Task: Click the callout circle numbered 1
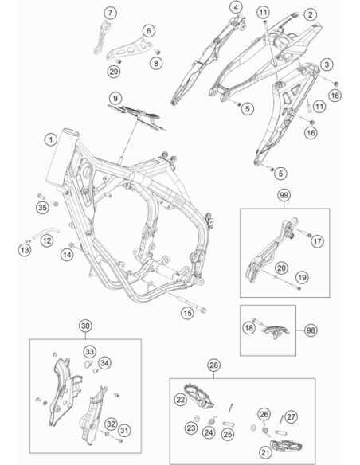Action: click(51, 139)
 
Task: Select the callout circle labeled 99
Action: click(284, 195)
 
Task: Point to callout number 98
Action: click(311, 330)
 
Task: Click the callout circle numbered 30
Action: click(85, 326)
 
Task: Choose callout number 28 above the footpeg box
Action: click(213, 365)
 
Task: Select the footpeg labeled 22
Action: click(198, 394)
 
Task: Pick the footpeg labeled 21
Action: click(287, 445)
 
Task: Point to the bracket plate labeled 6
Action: click(130, 49)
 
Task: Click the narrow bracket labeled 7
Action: click(102, 37)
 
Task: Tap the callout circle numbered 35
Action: click(42, 207)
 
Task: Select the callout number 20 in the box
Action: click(281, 268)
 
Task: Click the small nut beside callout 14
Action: click(72, 244)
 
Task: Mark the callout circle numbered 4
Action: click(236, 7)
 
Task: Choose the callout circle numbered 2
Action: click(310, 14)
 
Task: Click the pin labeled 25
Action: click(229, 423)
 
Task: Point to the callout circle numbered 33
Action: click(89, 352)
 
